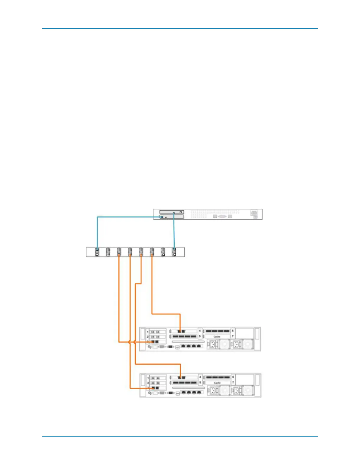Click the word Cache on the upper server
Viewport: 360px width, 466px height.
pyautogui.click(x=217, y=337)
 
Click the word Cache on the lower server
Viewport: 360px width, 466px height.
pyautogui.click(x=217, y=383)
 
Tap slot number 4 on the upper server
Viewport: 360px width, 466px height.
pyautogui.click(x=200, y=331)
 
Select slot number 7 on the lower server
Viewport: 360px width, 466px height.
pyautogui.click(x=233, y=382)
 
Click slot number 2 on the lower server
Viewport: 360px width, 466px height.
pyautogui.click(x=148, y=383)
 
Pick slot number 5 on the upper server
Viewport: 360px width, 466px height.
pyautogui.click(x=200, y=336)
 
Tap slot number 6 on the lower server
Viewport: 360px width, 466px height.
pyautogui.click(x=233, y=377)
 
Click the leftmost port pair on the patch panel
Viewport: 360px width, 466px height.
pyautogui.click(x=97, y=252)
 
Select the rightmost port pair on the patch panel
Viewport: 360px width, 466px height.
pyautogui.click(x=174, y=252)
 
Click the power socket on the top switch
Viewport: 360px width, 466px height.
pyautogui.click(x=254, y=213)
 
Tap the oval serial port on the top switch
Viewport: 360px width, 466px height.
pyautogui.click(x=222, y=216)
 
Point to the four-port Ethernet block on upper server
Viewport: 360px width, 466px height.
pyautogui.click(x=191, y=346)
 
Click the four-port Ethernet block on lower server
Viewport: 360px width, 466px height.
pyautogui.click(x=191, y=392)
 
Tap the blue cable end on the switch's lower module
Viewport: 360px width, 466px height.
pyautogui.click(x=161, y=217)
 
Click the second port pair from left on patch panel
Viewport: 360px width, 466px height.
pyautogui.click(x=108, y=252)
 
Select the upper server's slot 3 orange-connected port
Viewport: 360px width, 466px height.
pyautogui.click(x=153, y=342)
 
